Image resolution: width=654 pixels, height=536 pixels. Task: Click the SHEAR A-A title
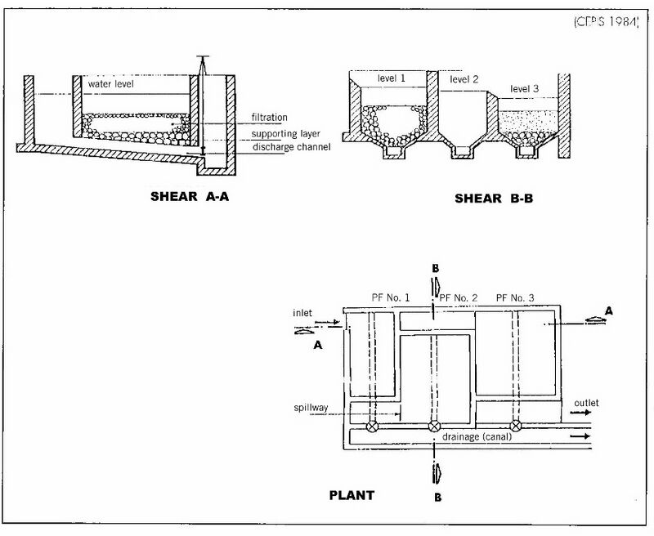[190, 196]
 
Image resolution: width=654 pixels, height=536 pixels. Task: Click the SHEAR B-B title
[494, 199]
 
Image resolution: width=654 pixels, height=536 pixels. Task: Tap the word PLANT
[352, 495]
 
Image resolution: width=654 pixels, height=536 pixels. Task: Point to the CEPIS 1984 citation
[607, 22]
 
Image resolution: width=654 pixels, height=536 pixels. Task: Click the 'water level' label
[111, 84]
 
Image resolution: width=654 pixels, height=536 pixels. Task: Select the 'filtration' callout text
[270, 118]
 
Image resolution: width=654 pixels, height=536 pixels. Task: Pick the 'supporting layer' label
[285, 134]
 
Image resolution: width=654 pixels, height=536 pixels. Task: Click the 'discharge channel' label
[292, 147]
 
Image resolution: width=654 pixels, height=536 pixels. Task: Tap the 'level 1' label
[392, 78]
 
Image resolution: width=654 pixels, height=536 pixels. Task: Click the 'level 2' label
[464, 79]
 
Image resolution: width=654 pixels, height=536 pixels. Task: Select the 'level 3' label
[524, 89]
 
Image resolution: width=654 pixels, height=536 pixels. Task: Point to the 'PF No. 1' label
[391, 297]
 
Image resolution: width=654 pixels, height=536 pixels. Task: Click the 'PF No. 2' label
[459, 297]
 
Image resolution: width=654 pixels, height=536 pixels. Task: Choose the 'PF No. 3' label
[515, 297]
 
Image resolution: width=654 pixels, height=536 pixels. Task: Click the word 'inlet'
[302, 313]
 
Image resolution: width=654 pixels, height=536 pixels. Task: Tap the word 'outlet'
[586, 403]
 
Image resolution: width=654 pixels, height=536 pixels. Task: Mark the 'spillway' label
[311, 408]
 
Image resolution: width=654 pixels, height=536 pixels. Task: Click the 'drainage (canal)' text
[477, 437]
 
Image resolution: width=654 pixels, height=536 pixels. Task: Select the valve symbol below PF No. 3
[516, 426]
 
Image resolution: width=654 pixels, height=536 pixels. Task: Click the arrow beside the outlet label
[580, 413]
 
